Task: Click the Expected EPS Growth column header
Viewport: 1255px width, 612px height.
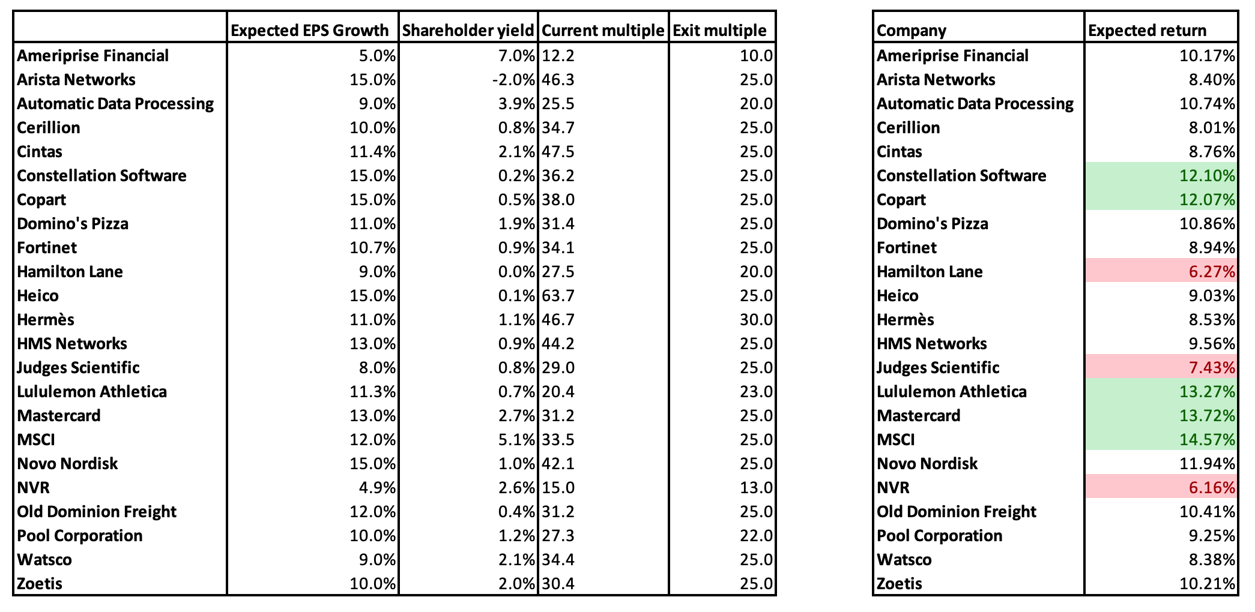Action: tap(310, 30)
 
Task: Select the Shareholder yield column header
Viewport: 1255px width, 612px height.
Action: tap(468, 30)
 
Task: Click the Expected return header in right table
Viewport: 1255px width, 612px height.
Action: tap(1147, 30)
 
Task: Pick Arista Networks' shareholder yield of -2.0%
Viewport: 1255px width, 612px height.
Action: tap(516, 80)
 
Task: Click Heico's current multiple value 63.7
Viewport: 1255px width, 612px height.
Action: tap(558, 296)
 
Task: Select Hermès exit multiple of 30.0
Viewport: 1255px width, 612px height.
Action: tap(756, 320)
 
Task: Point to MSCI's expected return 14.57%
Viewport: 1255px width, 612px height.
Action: tap(1207, 440)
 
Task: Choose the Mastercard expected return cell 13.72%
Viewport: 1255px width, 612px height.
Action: tap(1207, 416)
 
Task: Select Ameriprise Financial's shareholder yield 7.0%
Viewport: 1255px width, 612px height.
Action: tap(516, 56)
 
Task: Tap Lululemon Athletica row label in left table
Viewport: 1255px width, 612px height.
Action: tap(92, 392)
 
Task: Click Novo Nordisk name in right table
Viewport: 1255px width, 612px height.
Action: tap(927, 464)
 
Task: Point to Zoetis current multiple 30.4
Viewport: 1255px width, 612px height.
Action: tap(558, 584)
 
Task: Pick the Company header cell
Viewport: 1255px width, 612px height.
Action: tap(912, 30)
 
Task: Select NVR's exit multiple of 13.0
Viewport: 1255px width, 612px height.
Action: tap(756, 488)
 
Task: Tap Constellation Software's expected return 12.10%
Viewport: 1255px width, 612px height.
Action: tap(1207, 176)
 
